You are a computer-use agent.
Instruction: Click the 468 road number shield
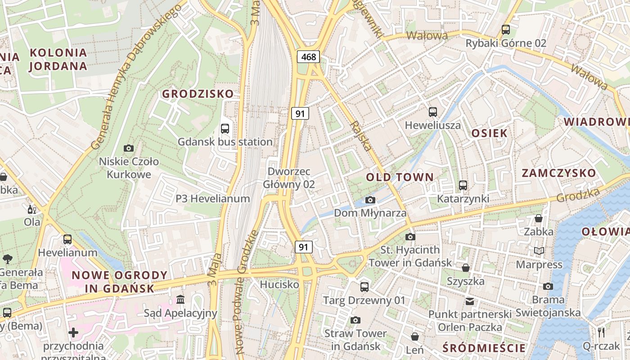[x=308, y=57]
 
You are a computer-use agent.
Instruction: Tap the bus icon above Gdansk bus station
[x=225, y=129]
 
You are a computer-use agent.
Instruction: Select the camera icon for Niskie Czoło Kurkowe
[x=129, y=148]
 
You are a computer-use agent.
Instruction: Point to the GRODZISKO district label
[x=198, y=94]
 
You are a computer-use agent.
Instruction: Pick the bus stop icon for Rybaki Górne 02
[x=506, y=30]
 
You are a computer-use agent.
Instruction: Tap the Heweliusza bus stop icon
[x=433, y=112]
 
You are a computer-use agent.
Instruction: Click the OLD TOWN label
[x=400, y=177]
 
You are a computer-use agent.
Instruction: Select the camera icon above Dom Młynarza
[x=370, y=200]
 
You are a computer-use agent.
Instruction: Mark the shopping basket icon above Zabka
[x=538, y=219]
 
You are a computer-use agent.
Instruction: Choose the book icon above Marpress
[x=539, y=251]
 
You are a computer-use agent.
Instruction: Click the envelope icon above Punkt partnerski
[x=470, y=301]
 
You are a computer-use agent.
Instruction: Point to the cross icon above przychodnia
[x=73, y=333]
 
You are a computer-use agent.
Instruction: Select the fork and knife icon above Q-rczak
[x=601, y=333]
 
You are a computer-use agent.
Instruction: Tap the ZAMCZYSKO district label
[x=558, y=173]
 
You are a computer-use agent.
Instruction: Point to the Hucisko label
[x=279, y=284]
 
